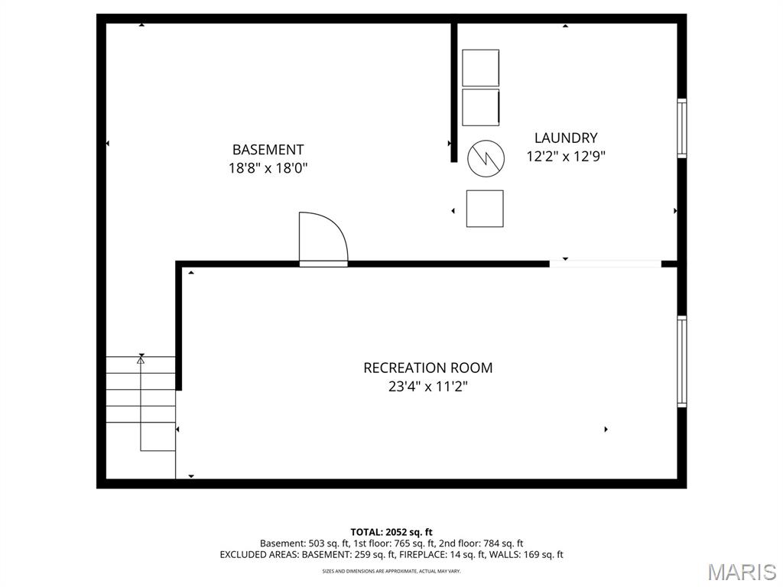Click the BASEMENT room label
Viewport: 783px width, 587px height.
(x=268, y=150)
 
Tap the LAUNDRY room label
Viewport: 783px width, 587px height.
(x=566, y=138)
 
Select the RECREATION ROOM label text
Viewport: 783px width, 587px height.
(x=428, y=368)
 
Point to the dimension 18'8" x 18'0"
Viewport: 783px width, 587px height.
(x=268, y=168)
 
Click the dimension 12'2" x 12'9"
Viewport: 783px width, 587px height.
(x=566, y=157)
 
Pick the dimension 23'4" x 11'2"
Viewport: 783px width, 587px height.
(x=428, y=386)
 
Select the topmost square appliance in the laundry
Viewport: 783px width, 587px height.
(x=480, y=68)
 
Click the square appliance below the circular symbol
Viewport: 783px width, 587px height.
(x=485, y=209)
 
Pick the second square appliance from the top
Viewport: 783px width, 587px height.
(x=480, y=107)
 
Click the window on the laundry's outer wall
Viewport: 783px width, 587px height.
(x=681, y=128)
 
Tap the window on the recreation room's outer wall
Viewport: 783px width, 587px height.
(x=681, y=362)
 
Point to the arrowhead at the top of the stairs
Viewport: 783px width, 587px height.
(x=141, y=359)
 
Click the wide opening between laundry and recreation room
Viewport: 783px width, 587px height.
(x=606, y=264)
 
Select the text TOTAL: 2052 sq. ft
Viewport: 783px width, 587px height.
(x=391, y=532)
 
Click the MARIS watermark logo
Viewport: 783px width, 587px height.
(x=742, y=572)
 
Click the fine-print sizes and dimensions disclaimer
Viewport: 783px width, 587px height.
(x=391, y=570)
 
